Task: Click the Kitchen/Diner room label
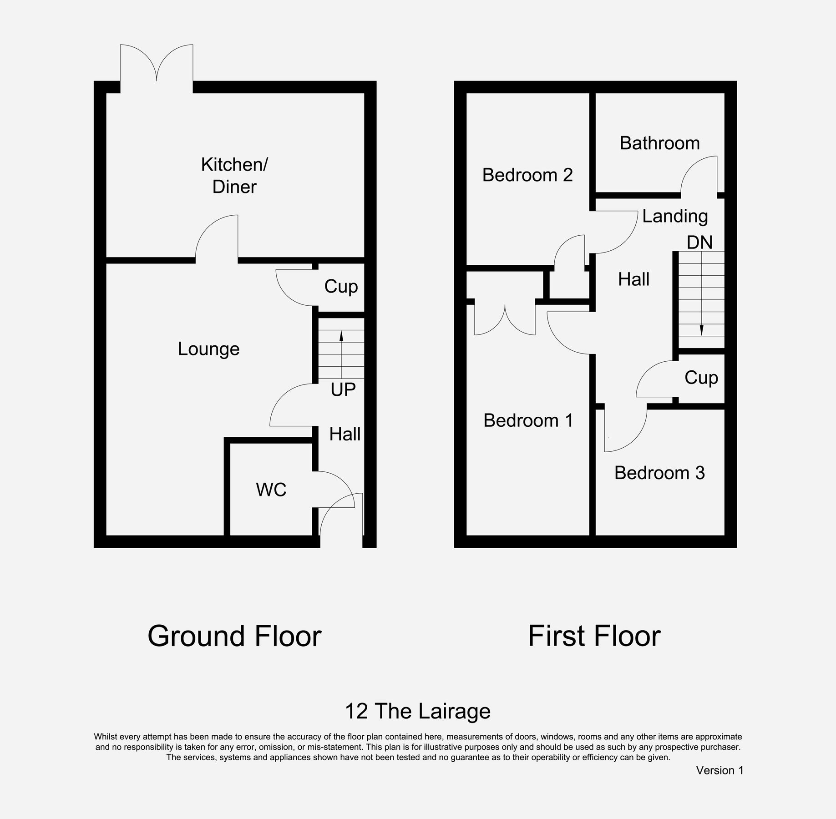pyautogui.click(x=234, y=176)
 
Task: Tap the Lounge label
pyautogui.click(x=208, y=349)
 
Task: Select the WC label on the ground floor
pyautogui.click(x=271, y=490)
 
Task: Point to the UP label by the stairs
pyautogui.click(x=343, y=390)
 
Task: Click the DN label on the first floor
pyautogui.click(x=699, y=243)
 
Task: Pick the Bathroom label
pyautogui.click(x=659, y=143)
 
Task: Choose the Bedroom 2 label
pyautogui.click(x=527, y=175)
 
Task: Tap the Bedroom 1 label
pyautogui.click(x=528, y=420)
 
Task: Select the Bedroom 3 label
pyautogui.click(x=659, y=473)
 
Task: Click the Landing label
pyautogui.click(x=675, y=217)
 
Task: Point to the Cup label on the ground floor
pyautogui.click(x=341, y=287)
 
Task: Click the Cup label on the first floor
pyautogui.click(x=701, y=378)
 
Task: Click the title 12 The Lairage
pyautogui.click(x=418, y=711)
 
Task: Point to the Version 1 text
pyautogui.click(x=719, y=770)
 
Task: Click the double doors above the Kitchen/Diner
pyautogui.click(x=157, y=64)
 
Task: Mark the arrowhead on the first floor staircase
pyautogui.click(x=701, y=330)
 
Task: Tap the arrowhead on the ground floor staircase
pyautogui.click(x=341, y=336)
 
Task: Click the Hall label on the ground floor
pyautogui.click(x=345, y=434)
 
